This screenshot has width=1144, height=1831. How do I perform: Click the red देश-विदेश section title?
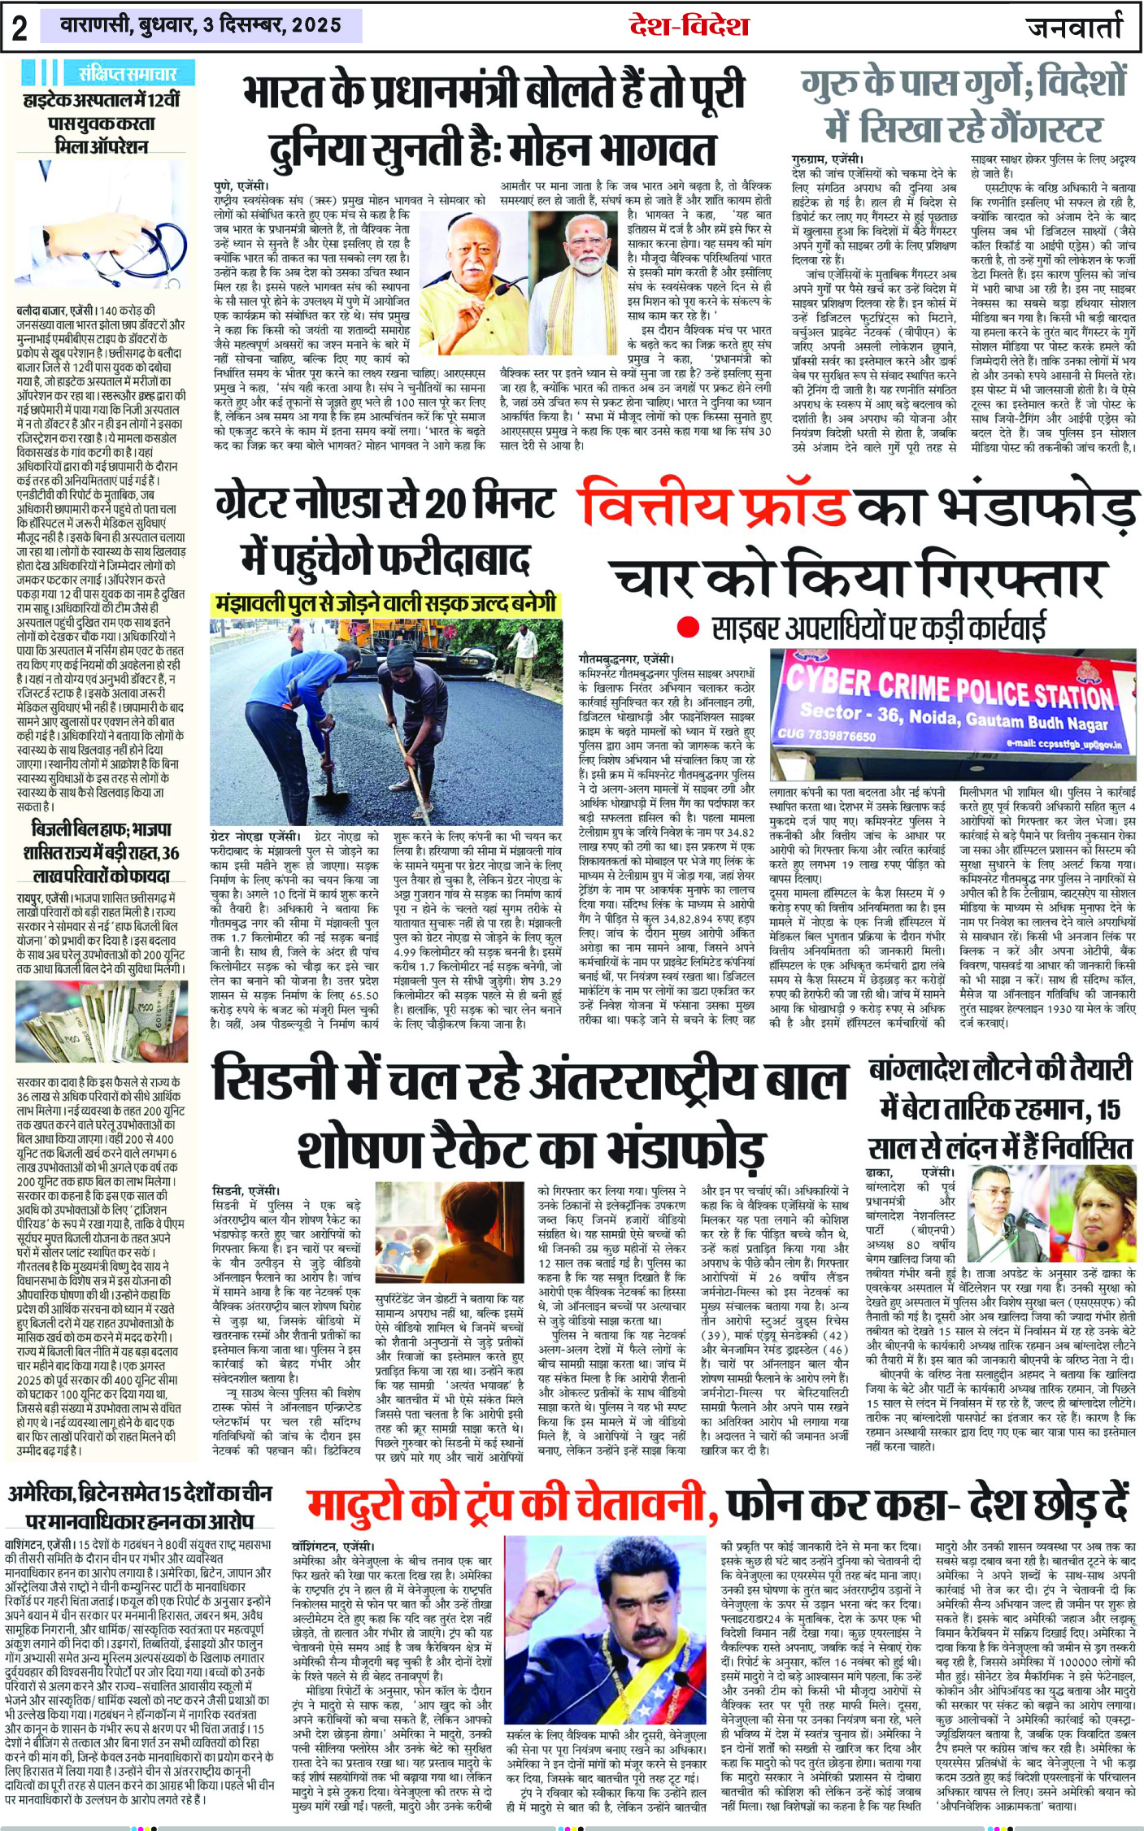[689, 25]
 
